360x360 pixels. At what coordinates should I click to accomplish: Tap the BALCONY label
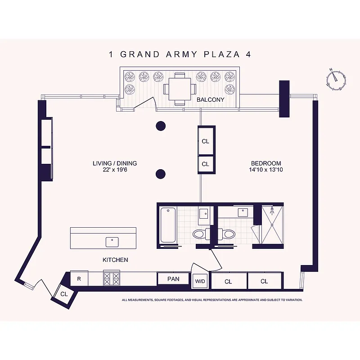pos(210,100)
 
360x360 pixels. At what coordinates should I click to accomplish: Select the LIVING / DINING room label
pos(115,163)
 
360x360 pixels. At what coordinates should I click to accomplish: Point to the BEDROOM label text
pos(266,163)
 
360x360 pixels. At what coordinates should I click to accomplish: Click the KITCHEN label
pos(116,260)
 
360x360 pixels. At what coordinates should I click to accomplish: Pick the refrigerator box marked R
pos(79,279)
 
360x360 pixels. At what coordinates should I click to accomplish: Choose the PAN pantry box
pos(173,279)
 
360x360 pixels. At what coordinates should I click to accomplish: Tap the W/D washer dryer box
pos(200,282)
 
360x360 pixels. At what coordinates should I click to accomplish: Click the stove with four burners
pos(112,278)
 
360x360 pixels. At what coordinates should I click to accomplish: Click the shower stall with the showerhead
pos(272,224)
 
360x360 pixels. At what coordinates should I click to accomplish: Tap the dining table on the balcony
pos(180,89)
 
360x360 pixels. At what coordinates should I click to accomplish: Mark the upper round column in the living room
pos(161,126)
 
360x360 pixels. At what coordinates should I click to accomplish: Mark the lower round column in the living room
pos(161,174)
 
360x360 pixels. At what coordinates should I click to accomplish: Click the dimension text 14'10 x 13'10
pos(266,170)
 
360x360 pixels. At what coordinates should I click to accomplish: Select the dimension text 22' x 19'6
pos(115,170)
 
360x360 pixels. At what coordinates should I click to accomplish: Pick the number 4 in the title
pos(248,54)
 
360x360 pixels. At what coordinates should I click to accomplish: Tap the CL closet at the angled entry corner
pos(64,294)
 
